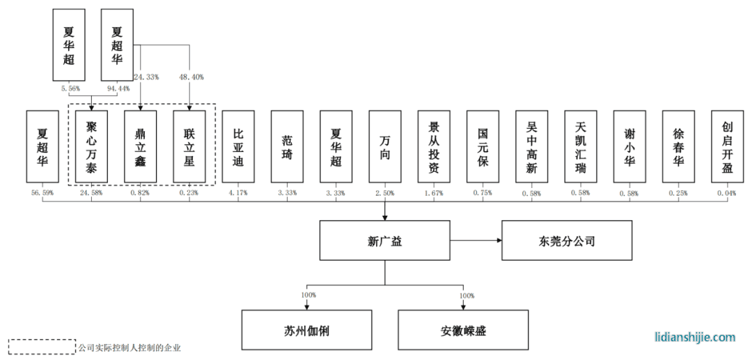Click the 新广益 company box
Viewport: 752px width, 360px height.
[385, 242]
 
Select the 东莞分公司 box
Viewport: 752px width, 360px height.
[567, 241]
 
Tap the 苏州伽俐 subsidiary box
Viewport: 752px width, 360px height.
[306, 330]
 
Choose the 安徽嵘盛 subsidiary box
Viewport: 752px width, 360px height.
[463, 330]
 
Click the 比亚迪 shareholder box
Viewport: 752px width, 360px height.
[238, 146]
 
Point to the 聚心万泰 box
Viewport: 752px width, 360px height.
[91, 146]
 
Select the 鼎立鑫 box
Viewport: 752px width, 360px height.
[141, 146]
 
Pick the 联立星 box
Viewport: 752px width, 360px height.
[189, 146]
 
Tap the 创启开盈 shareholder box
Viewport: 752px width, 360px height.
[728, 146]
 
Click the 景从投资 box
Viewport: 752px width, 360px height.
[434, 146]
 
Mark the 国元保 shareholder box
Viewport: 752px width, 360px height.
[483, 146]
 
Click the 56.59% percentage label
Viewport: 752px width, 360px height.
[42, 192]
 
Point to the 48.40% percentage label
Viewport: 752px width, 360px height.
[191, 77]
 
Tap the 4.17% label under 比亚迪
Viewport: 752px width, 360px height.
[238, 192]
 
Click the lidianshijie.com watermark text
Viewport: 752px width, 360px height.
[695, 337]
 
